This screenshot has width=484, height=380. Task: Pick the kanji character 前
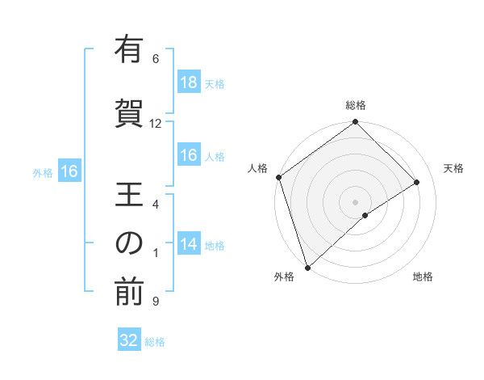pyautogui.click(x=129, y=293)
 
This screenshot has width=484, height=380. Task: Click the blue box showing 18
pyautogui.click(x=188, y=82)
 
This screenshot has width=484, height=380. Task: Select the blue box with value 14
pyautogui.click(x=188, y=244)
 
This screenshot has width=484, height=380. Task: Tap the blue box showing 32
pyautogui.click(x=129, y=340)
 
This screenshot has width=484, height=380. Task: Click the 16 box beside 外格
pyautogui.click(x=69, y=171)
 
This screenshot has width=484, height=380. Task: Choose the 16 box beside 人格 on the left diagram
pyautogui.click(x=188, y=155)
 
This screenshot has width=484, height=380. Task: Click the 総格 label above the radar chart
pyautogui.click(x=355, y=105)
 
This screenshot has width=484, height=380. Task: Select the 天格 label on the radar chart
pyautogui.click(x=453, y=168)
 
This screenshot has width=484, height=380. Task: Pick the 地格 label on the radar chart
pyautogui.click(x=423, y=277)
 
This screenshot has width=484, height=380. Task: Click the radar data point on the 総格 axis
pyautogui.click(x=355, y=122)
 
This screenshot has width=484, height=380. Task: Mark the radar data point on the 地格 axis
pyautogui.click(x=365, y=215)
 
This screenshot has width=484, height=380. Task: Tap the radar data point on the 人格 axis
pyautogui.click(x=278, y=177)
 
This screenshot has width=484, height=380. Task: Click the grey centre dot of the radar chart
pyautogui.click(x=355, y=201)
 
